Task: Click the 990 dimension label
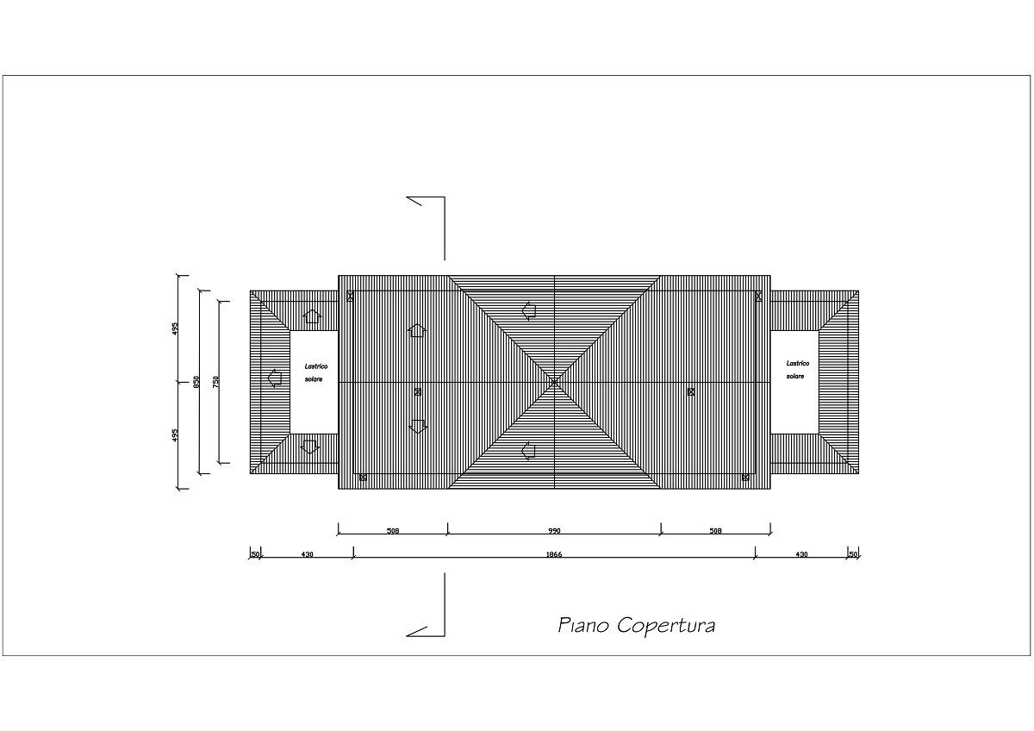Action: [554, 531]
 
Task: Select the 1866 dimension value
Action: [554, 554]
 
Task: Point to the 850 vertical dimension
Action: [196, 381]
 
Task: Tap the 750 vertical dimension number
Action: [215, 381]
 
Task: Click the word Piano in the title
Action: [584, 625]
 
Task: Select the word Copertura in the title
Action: [666, 626]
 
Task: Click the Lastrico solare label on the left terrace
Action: [315, 372]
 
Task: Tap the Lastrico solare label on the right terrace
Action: [798, 370]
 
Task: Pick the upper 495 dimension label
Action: [174, 328]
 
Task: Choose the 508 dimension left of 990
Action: [392, 531]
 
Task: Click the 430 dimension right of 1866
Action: [802, 554]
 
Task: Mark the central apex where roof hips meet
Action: [554, 382]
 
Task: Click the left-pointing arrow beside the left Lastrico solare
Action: [275, 378]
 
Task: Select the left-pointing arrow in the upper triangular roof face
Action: [529, 311]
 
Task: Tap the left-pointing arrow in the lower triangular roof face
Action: [528, 451]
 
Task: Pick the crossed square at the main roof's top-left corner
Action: [350, 296]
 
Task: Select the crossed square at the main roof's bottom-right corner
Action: [745, 478]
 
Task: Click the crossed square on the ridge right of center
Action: [691, 392]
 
